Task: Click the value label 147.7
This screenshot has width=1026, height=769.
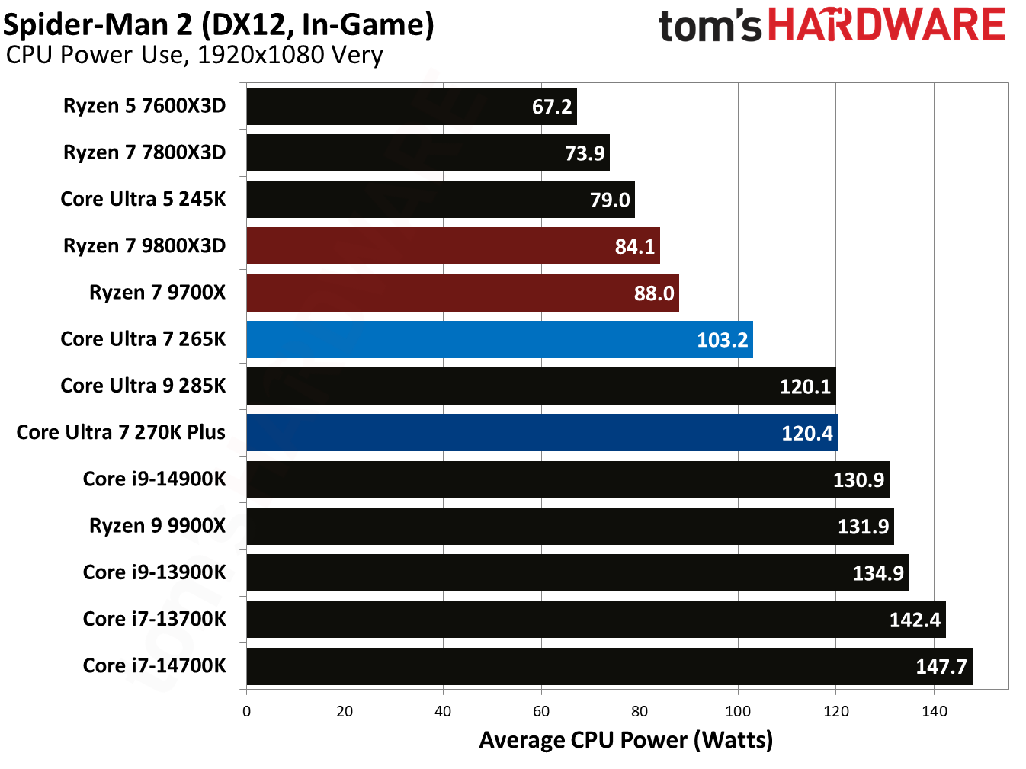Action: point(941,667)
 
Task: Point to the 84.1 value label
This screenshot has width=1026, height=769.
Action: point(634,247)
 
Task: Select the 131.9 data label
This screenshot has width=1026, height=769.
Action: point(863,527)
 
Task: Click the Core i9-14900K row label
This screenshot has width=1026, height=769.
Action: point(154,479)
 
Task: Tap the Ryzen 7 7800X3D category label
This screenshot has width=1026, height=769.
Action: point(144,152)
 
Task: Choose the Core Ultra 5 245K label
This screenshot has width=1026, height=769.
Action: point(143,199)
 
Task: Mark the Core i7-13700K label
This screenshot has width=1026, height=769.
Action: point(154,619)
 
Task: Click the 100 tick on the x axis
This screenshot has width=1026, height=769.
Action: point(737,712)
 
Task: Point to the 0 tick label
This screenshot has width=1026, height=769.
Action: point(246,712)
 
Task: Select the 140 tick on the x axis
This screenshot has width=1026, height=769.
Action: point(934,712)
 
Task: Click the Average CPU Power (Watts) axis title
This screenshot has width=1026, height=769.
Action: point(626,740)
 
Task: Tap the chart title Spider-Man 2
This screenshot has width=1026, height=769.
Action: point(219,24)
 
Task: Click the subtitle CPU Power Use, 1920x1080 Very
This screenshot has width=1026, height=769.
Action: point(194,55)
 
